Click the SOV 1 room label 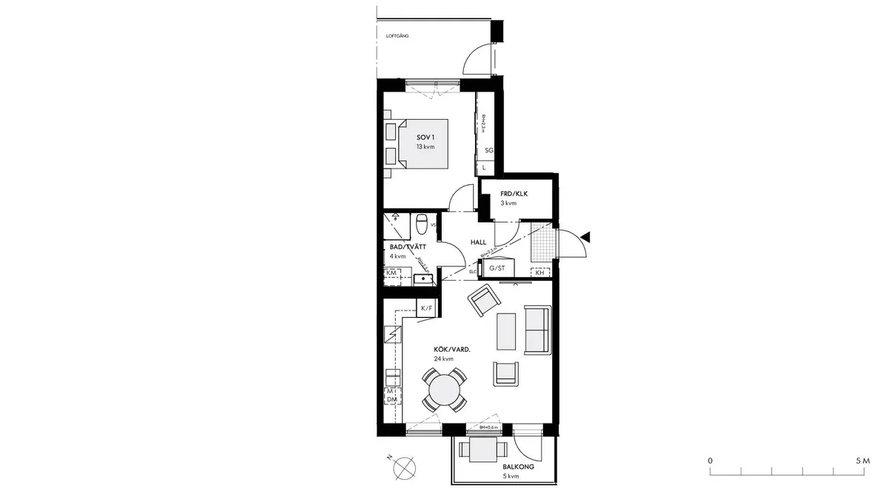tap(425, 138)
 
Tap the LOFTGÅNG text tap(397, 35)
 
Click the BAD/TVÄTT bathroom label tap(408, 246)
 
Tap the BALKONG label tap(518, 467)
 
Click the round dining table tap(445, 389)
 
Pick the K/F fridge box tap(426, 308)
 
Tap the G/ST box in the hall tap(497, 268)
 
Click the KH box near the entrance tap(540, 273)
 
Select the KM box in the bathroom tap(391, 274)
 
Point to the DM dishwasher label tap(391, 399)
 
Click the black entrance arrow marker tap(585, 237)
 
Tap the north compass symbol tap(404, 466)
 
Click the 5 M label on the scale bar tap(861, 460)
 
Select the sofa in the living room tap(536, 329)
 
